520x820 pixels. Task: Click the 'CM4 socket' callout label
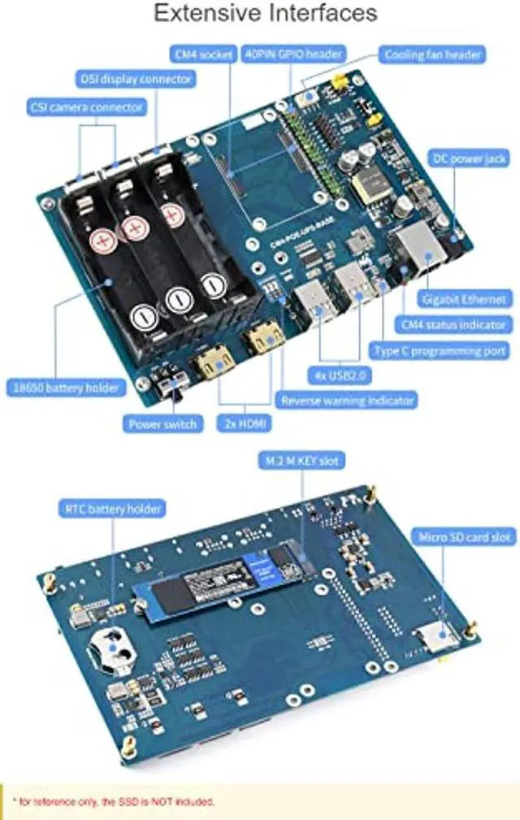[x=204, y=54]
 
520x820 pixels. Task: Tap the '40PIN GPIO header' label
[x=293, y=54]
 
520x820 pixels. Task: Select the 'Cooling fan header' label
[x=432, y=55]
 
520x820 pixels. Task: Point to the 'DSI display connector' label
[x=136, y=80]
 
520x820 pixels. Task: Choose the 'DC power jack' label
[x=470, y=159]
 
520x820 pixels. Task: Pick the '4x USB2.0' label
[x=339, y=376]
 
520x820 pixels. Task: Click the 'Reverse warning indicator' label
[x=347, y=400]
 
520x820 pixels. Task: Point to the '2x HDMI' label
[x=245, y=423]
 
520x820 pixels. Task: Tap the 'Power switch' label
[x=162, y=423]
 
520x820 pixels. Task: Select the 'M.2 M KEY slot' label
[x=300, y=462]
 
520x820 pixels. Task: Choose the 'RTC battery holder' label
[x=112, y=510]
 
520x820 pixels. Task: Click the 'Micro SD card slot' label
[x=465, y=537]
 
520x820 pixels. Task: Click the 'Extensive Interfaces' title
[x=265, y=14]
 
